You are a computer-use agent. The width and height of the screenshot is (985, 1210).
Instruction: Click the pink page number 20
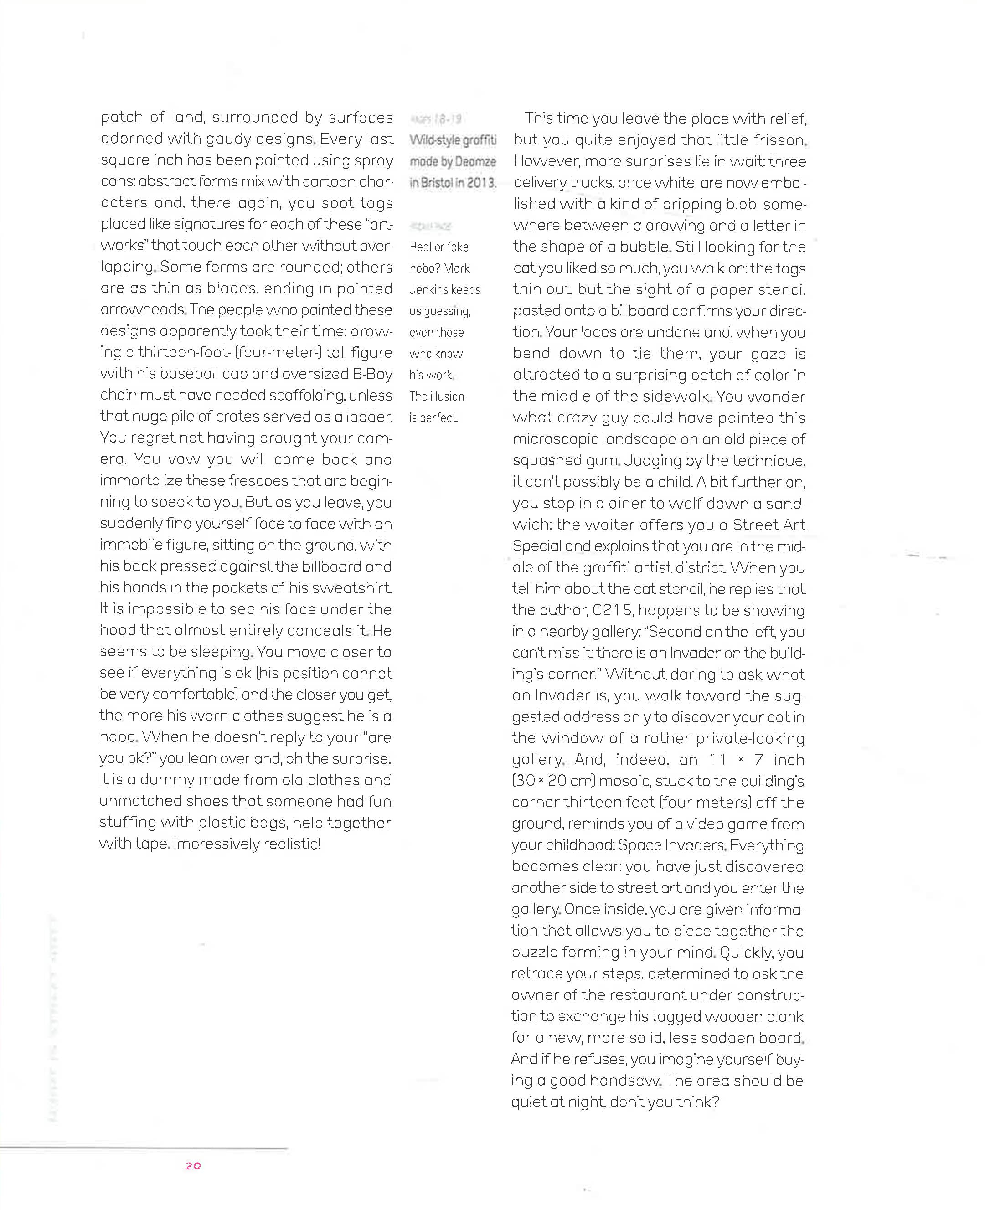[x=193, y=1166]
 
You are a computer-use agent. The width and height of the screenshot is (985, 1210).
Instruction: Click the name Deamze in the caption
[x=475, y=162]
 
